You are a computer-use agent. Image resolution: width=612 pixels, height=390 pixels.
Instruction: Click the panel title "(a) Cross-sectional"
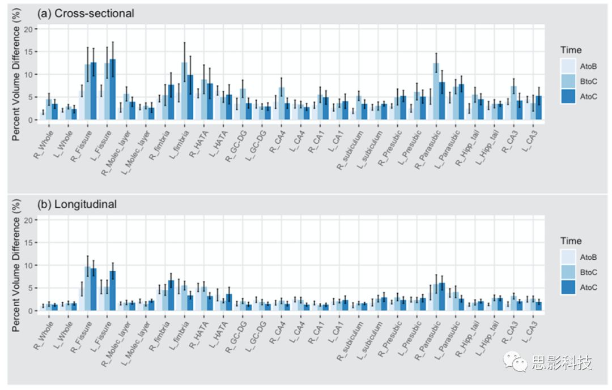click(86, 13)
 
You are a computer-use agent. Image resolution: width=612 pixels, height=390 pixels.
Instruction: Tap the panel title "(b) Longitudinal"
click(77, 204)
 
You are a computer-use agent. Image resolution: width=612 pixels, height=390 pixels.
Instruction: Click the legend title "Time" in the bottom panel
click(571, 241)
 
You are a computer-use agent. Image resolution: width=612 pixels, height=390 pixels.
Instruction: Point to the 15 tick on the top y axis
click(31, 52)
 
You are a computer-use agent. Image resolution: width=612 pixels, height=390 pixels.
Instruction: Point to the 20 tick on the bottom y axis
click(31, 220)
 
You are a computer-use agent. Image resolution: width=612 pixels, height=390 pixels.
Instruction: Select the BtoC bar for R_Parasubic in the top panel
click(436, 91)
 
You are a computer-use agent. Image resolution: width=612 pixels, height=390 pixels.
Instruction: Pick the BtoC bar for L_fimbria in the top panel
click(184, 91)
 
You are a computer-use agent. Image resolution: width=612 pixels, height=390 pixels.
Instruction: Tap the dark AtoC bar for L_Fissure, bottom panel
click(113, 290)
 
